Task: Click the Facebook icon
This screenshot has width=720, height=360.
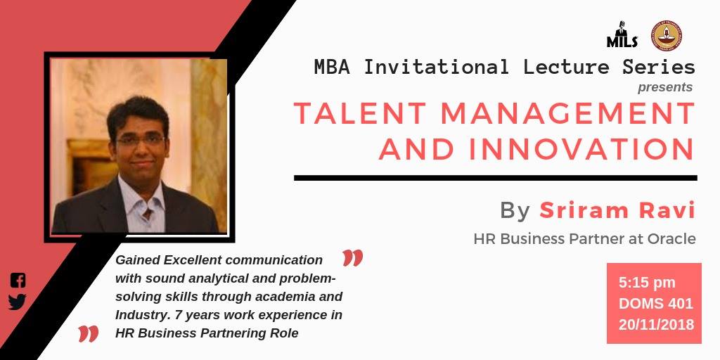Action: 18,280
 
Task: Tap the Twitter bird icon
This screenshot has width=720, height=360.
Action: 17,302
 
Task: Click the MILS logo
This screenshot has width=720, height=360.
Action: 622,35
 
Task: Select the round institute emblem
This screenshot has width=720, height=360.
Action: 666,35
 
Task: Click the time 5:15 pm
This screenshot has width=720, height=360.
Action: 647,283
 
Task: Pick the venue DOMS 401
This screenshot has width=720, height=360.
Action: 656,304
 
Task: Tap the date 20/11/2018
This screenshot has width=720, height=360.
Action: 656,325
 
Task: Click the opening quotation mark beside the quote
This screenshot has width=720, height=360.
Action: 88,334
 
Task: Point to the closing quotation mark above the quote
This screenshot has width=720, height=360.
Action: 353,258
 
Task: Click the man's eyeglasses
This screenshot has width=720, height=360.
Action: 141,140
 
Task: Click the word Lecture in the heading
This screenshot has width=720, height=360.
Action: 566,67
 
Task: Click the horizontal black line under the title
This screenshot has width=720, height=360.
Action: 496,178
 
